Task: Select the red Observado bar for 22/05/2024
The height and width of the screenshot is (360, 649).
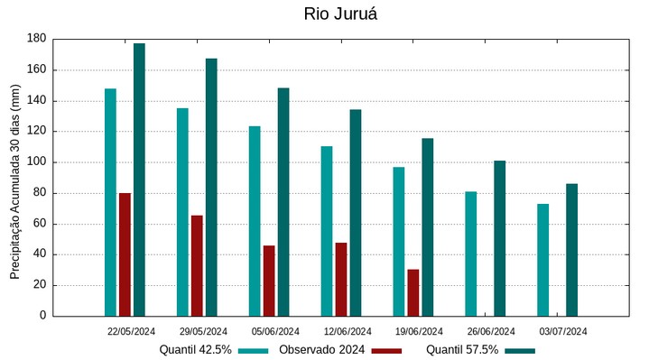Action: point(125,254)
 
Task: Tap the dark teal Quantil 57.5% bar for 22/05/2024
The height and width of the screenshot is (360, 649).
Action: point(139,180)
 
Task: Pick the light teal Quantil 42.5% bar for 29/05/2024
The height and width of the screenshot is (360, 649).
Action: point(182,212)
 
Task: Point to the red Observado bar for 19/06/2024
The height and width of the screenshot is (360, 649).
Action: point(413,292)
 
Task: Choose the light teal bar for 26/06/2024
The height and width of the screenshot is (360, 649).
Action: point(471,254)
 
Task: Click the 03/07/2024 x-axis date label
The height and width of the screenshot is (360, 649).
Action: point(563,331)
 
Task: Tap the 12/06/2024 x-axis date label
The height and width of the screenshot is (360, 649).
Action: point(348,331)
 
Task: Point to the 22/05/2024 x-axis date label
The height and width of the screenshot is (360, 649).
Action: point(131,331)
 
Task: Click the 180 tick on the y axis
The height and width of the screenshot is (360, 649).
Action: point(37,39)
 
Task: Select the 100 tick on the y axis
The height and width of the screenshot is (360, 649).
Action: point(37,162)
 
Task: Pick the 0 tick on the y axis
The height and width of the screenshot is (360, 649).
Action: point(42,316)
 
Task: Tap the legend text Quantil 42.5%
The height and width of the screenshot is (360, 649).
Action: point(195,349)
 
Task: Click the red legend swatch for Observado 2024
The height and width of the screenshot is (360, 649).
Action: point(386,350)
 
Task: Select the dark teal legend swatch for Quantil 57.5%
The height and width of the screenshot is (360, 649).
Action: point(520,350)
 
